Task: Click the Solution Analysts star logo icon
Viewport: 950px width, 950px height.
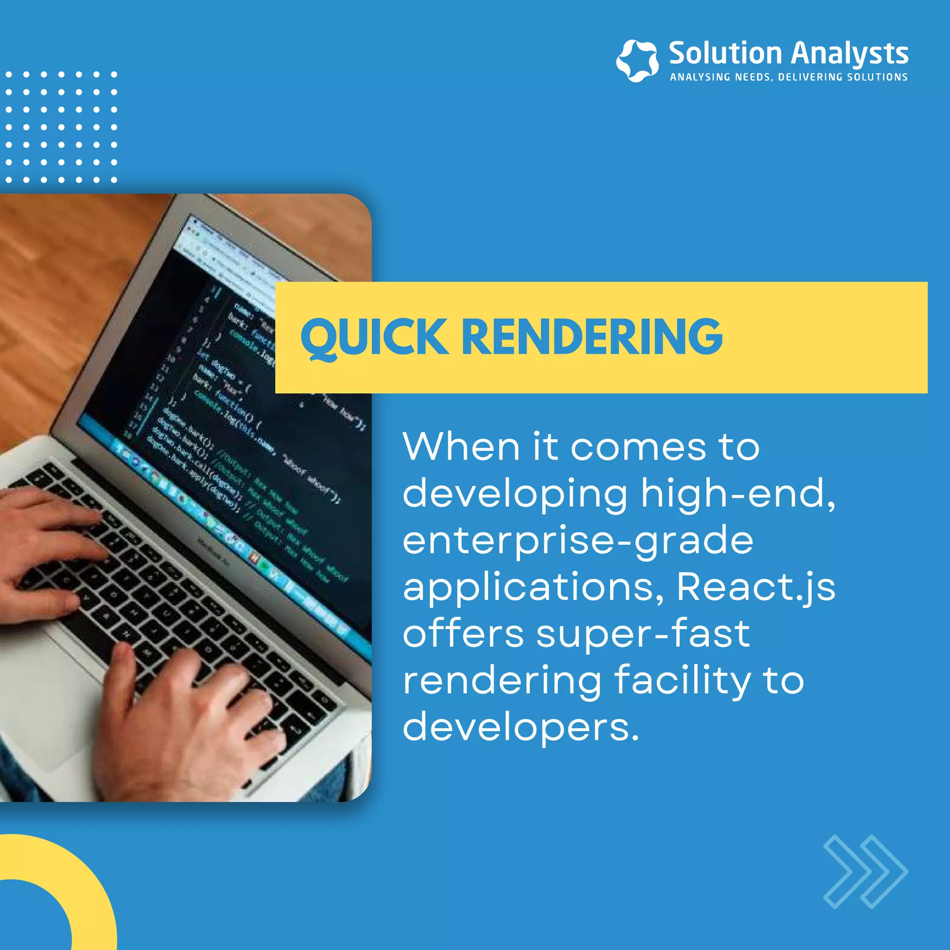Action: click(637, 60)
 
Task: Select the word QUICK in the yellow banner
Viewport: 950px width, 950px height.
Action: click(374, 337)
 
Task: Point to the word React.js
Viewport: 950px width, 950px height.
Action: click(756, 587)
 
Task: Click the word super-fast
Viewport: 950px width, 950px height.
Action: click(642, 634)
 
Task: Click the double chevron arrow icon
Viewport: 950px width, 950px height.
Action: click(866, 871)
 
